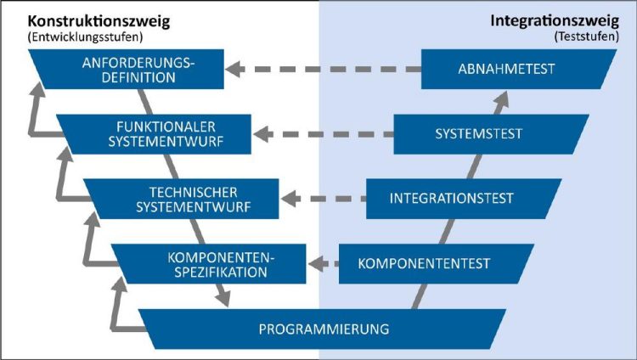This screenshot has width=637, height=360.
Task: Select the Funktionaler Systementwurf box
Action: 158,134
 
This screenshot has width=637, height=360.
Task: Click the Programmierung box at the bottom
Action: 323,329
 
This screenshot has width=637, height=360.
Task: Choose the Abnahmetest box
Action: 515,69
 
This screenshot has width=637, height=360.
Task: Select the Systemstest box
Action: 488,134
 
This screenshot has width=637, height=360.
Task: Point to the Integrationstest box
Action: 459,199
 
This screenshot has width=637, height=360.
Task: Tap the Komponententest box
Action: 431,264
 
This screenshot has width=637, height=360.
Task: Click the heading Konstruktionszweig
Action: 99,21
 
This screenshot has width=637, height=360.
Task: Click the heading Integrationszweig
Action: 555,20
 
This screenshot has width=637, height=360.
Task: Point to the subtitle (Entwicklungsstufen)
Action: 85,37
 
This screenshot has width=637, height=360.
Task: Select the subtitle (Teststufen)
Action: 587,37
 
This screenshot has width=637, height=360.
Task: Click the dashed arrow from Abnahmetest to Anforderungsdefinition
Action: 323,69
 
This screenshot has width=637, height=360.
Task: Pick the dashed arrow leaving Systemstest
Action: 324,134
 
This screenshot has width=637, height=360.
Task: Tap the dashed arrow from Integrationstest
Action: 324,199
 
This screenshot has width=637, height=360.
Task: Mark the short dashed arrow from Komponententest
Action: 324,264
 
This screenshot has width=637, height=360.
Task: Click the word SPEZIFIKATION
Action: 221,272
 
